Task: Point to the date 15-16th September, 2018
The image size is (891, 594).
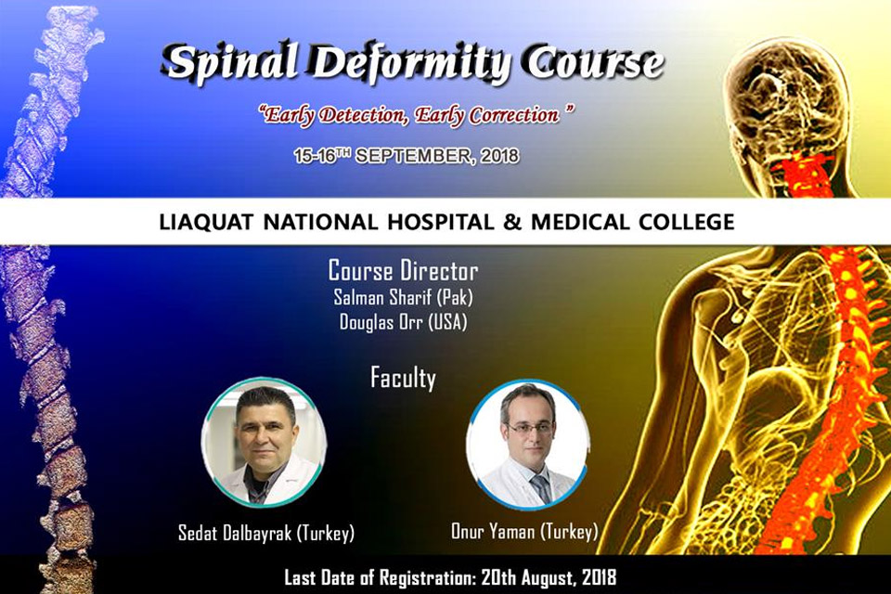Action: click(x=405, y=157)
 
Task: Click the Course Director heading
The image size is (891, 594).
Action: click(x=404, y=271)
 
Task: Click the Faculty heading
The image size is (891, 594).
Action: click(x=404, y=378)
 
